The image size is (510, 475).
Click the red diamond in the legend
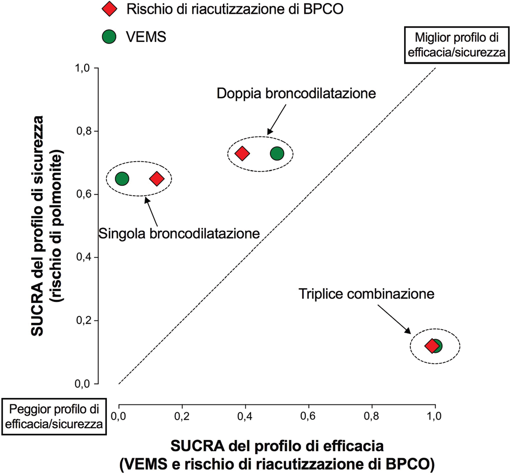108,9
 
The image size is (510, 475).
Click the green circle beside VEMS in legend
108,37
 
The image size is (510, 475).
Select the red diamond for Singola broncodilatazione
156,178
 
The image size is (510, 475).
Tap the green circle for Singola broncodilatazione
122,178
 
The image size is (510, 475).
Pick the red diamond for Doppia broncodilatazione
242,153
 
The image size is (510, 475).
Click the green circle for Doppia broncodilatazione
277,153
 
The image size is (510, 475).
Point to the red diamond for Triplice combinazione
432,345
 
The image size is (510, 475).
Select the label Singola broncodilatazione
180,233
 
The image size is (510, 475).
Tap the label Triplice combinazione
366,294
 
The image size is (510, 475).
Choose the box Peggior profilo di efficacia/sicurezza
54,416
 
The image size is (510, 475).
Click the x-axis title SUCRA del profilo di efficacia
277,446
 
